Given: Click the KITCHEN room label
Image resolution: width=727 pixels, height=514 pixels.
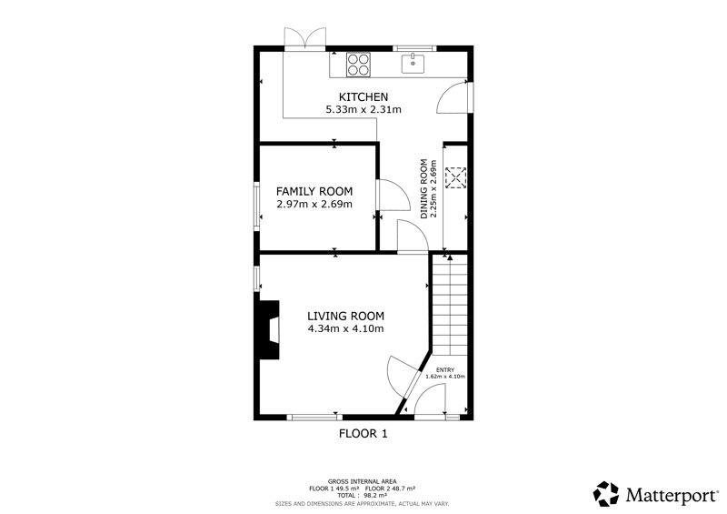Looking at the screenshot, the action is [363, 97].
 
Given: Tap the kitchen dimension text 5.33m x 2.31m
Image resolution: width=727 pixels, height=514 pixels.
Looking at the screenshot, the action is [363, 109].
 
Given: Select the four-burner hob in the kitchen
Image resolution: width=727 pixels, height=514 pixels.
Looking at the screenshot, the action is [359, 65].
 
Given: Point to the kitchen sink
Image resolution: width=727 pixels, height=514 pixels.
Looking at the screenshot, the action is [413, 64].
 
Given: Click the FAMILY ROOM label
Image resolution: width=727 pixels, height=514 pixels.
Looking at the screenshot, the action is [314, 191].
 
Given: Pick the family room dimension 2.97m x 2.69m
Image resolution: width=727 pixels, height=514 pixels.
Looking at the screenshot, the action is [314, 204].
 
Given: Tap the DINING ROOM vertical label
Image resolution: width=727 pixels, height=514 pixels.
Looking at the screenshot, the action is [423, 189].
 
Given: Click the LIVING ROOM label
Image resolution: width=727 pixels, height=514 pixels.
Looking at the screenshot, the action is [346, 317].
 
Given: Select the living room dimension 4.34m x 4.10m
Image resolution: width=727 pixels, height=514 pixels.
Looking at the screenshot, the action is [346, 328].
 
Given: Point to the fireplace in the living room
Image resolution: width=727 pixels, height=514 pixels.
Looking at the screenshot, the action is [269, 329].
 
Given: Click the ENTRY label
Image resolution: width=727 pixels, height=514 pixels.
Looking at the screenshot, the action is [445, 369].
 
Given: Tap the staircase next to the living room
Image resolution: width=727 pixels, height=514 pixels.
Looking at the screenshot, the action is [450, 304].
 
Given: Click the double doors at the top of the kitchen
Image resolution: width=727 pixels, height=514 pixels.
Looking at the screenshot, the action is [305, 37].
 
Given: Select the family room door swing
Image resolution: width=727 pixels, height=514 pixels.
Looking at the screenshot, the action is [394, 195].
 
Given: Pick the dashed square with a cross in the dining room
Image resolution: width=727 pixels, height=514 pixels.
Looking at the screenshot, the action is [456, 177].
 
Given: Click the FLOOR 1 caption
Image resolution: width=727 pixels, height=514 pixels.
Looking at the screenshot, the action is [363, 434].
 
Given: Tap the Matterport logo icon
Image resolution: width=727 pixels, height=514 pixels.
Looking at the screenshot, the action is [606, 494].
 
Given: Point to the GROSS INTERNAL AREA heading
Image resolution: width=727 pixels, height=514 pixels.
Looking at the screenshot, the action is [362, 481].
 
